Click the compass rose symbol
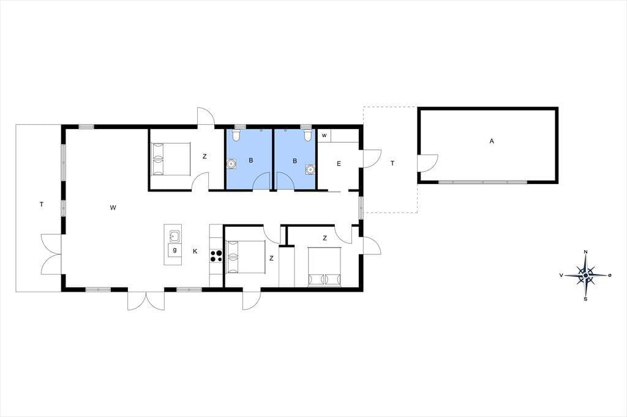pyautogui.click(x=585, y=275)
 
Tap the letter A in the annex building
pyautogui.click(x=492, y=141)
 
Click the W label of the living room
pyautogui.click(x=113, y=207)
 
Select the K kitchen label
pyautogui.click(x=195, y=251)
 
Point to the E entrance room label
pyautogui.click(x=339, y=163)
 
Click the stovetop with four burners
pyautogui.click(x=216, y=256)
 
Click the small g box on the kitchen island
pyautogui.click(x=175, y=250)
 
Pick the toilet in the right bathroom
pyautogui.click(x=307, y=134)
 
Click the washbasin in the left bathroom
pyautogui.click(x=231, y=164)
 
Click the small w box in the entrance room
pyautogui.click(x=325, y=135)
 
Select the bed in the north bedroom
pyautogui.click(x=170, y=159)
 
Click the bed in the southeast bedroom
pyautogui.click(x=325, y=267)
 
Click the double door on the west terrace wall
pyautogui.click(x=51, y=254)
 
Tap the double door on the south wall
pyautogui.click(x=146, y=300)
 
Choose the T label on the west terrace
pyautogui.click(x=42, y=204)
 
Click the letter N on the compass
pyautogui.click(x=586, y=252)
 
